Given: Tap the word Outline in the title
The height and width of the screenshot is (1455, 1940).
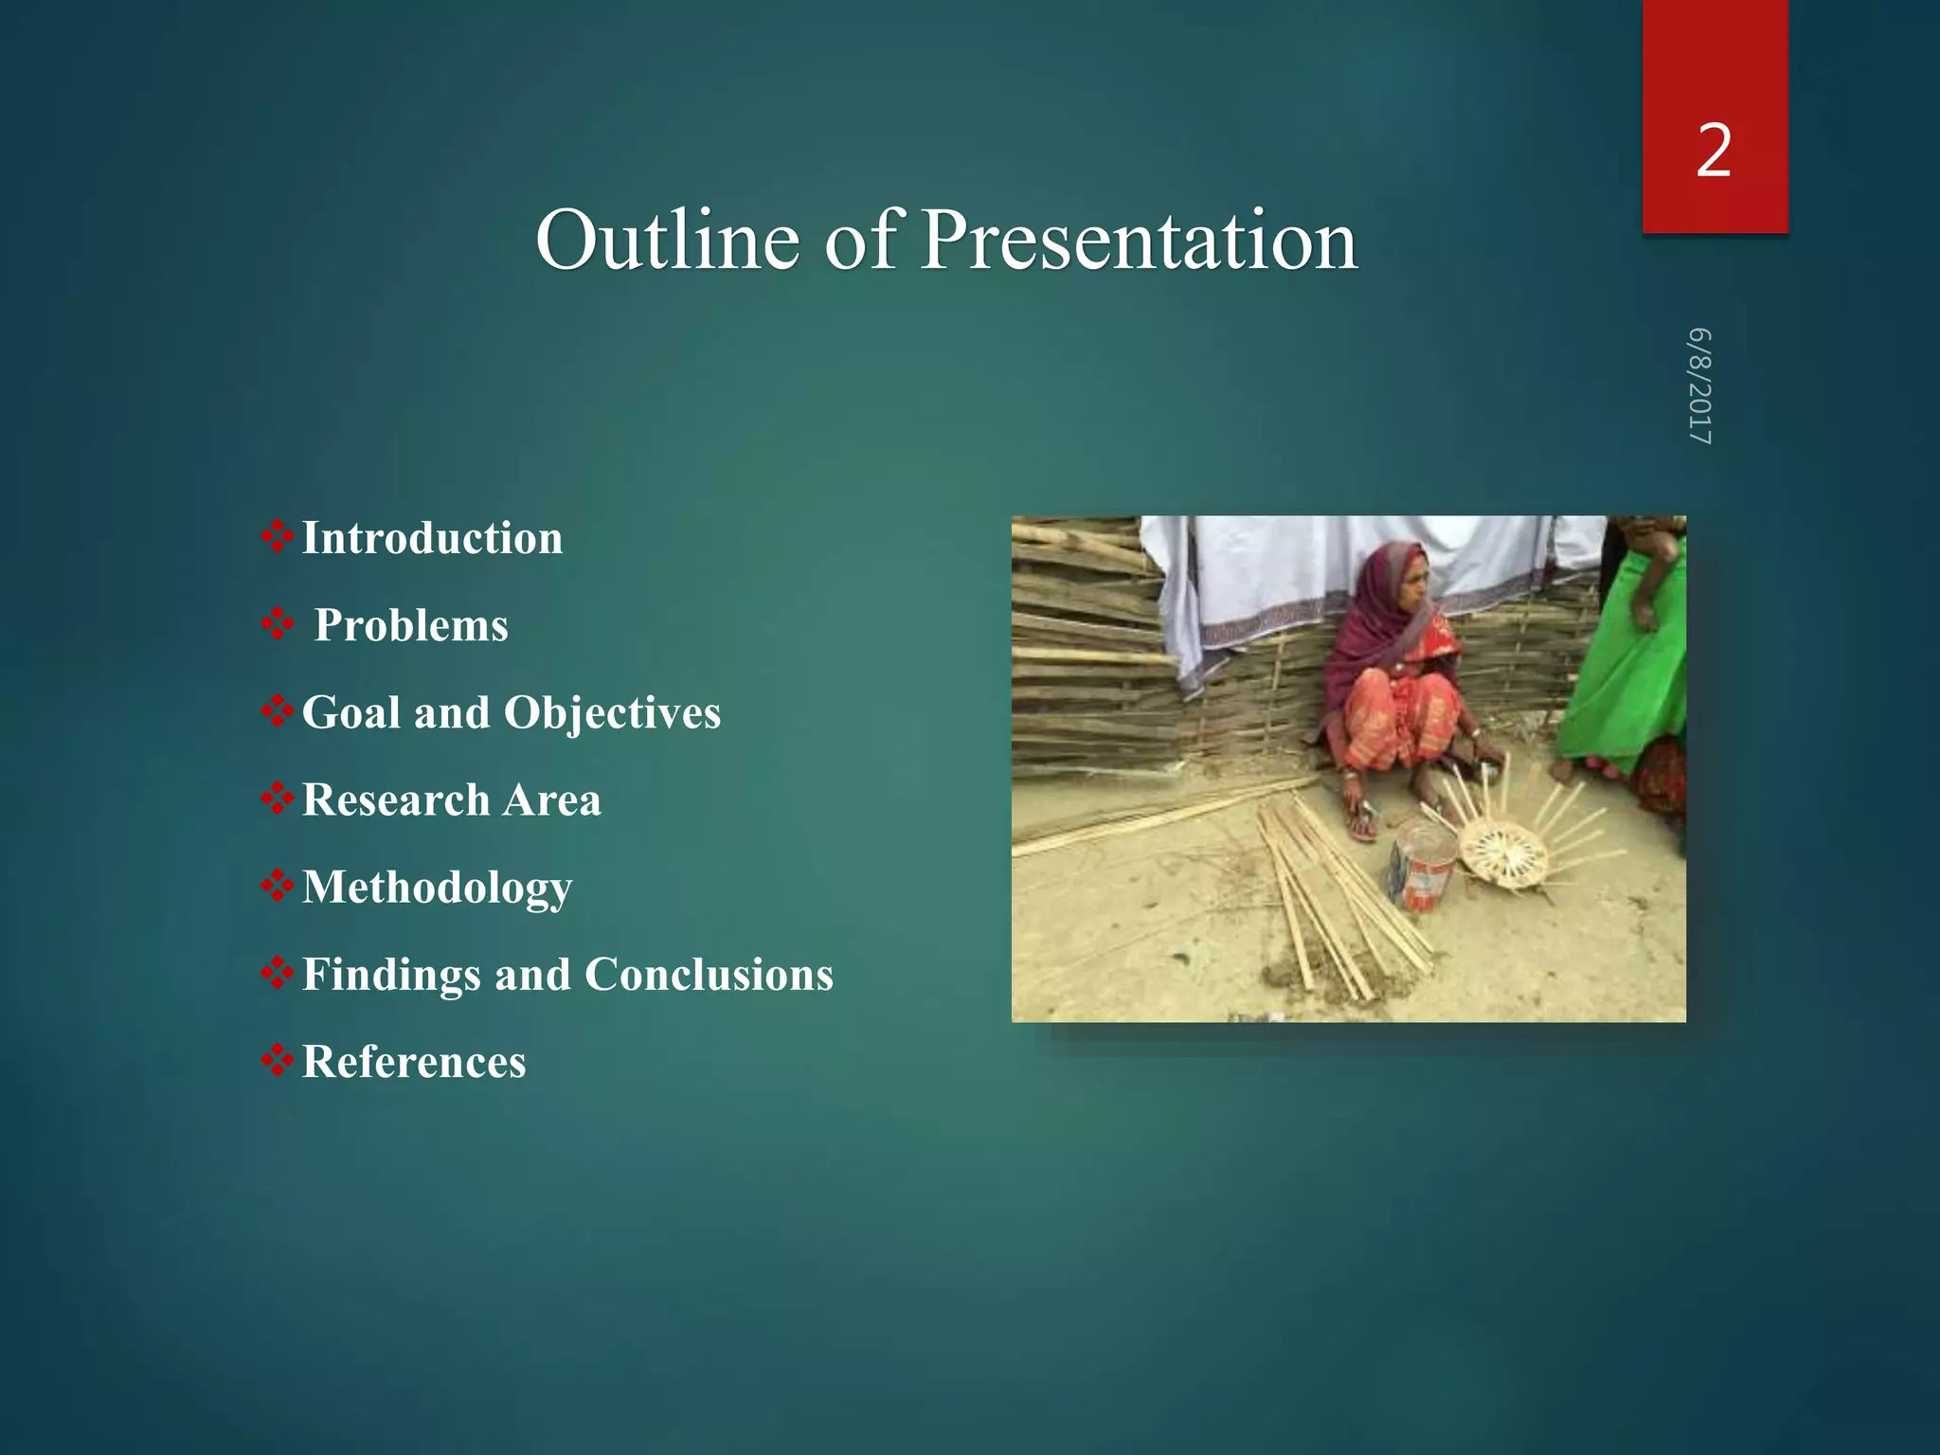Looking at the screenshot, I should (667, 241).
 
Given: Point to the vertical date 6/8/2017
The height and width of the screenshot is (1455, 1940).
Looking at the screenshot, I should (1700, 386).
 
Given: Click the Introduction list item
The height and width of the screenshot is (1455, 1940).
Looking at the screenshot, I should (432, 538).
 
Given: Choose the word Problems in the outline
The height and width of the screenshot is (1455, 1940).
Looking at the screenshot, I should (411, 625).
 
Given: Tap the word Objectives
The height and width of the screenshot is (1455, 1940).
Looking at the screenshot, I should (612, 712).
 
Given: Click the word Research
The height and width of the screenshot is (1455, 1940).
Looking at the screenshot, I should (396, 799).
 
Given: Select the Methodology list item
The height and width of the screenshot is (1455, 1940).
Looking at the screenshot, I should (437, 889).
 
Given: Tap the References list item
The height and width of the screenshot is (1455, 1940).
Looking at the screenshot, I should (414, 1062).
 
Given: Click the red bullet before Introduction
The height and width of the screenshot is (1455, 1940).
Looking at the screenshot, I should (277, 536).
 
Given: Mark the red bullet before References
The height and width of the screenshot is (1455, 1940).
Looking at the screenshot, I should (277, 1060).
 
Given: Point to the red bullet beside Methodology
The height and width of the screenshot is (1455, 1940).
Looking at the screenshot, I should (277, 886).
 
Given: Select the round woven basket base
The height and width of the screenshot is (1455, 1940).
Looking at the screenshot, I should (1503, 852).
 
